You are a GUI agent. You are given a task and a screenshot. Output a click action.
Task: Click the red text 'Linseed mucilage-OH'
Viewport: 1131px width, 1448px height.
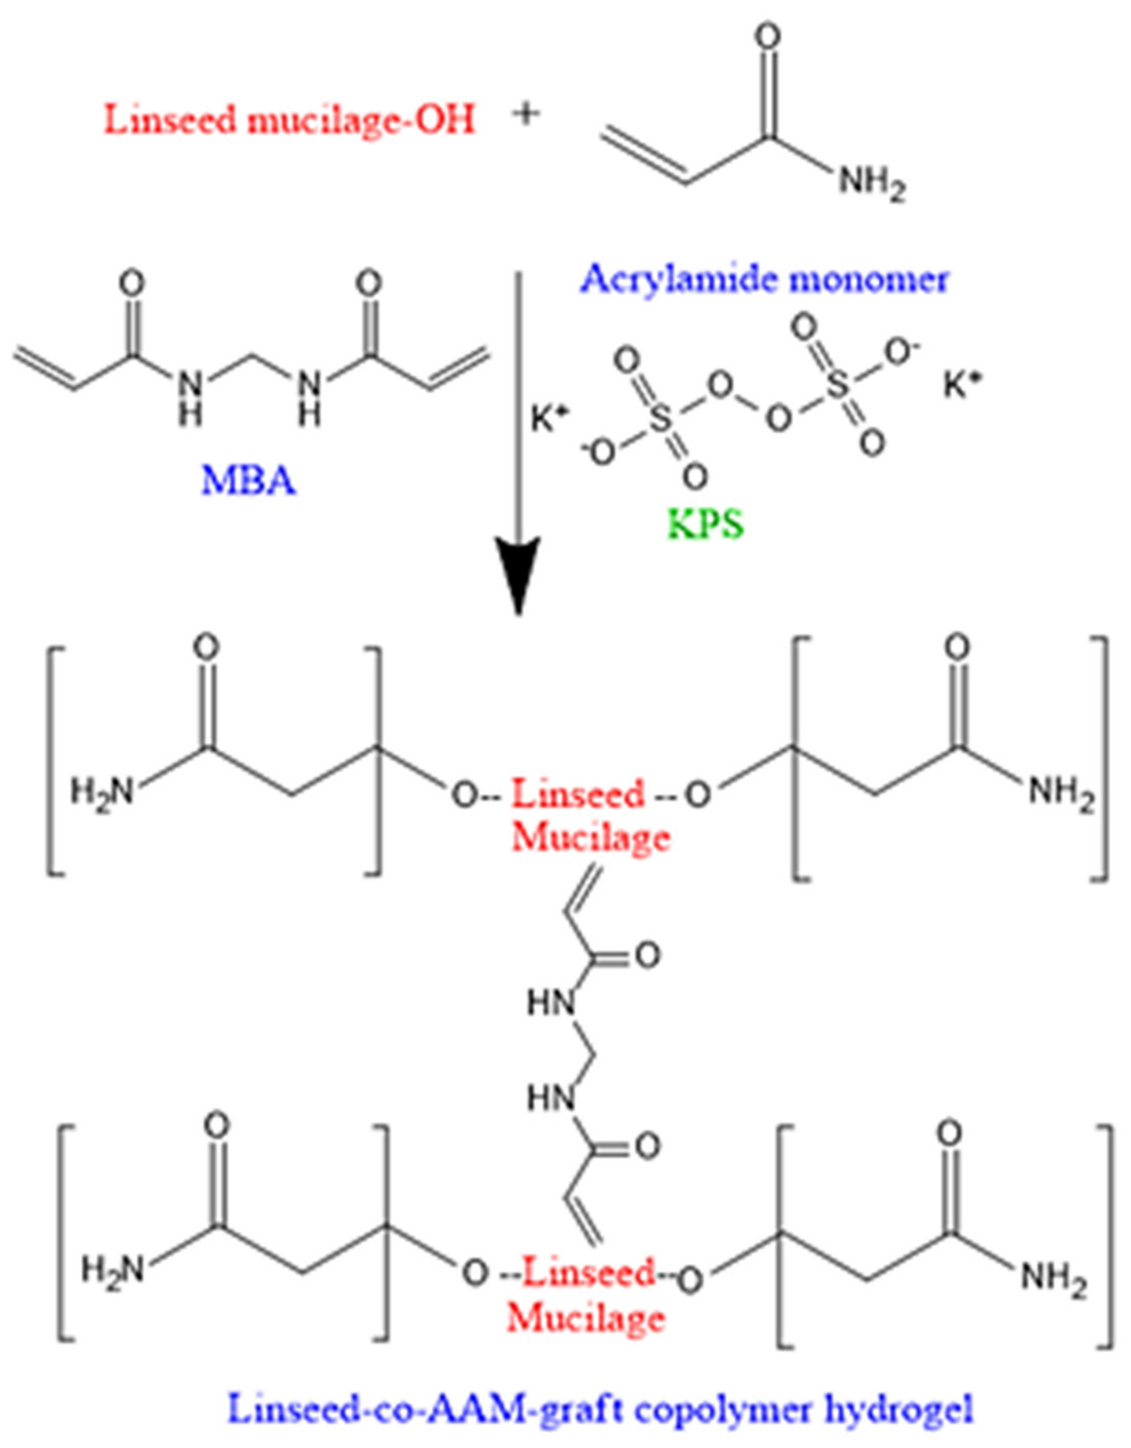coord(290,120)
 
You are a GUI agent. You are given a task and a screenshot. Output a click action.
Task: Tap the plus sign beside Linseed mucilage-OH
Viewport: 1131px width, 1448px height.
coord(526,114)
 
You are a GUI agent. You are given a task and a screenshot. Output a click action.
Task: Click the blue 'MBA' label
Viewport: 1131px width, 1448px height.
coord(249,481)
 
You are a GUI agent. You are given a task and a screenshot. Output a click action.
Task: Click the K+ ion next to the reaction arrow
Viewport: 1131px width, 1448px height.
coord(549,419)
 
